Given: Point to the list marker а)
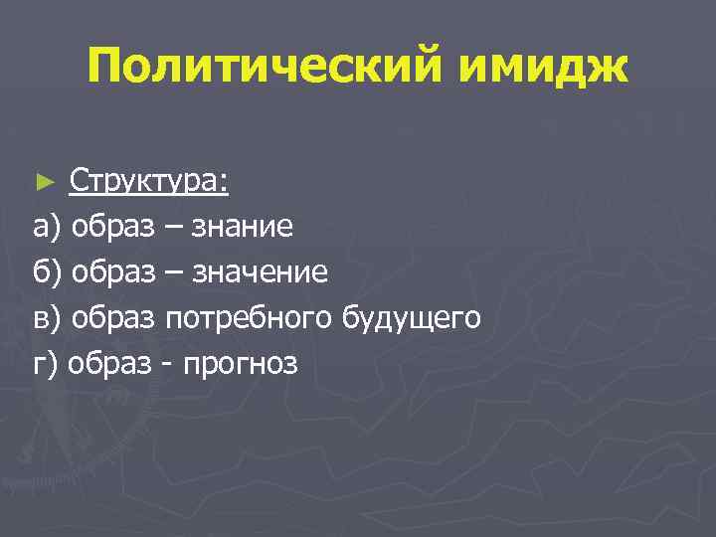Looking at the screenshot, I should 47,228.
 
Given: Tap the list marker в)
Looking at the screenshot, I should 47,318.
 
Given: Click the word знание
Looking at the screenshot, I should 244,228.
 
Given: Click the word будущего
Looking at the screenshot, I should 412,318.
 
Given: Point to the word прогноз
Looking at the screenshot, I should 238,364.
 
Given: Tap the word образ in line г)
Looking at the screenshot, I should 111,364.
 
